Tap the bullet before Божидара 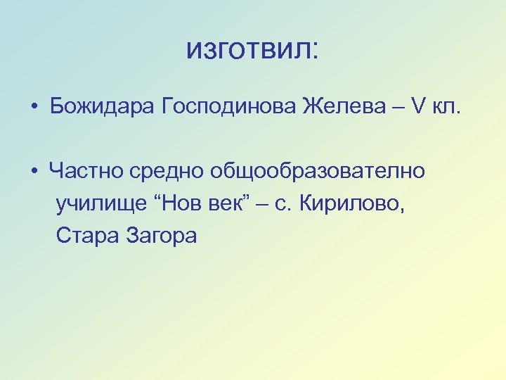33,108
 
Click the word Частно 86,171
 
